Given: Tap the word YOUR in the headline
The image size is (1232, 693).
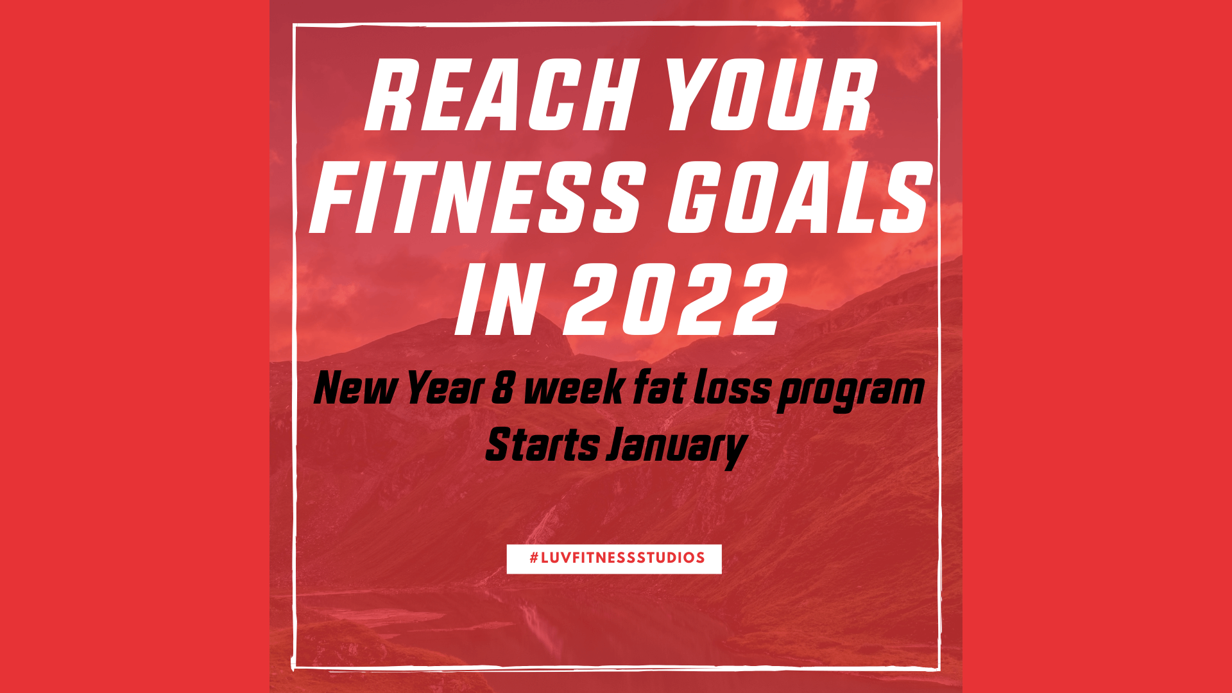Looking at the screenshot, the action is point(771,95).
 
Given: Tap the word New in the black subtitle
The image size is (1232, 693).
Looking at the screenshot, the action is point(355,389).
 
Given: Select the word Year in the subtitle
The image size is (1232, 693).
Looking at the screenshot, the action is point(445,389).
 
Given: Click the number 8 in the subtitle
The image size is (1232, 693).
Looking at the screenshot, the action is point(503,389).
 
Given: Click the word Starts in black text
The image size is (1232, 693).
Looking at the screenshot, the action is point(542,445).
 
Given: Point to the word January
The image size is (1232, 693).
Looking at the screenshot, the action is point(677,448).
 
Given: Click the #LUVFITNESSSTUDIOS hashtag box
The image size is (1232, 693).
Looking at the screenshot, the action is point(614,559).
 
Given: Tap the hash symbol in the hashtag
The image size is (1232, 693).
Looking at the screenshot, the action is point(534,558).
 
